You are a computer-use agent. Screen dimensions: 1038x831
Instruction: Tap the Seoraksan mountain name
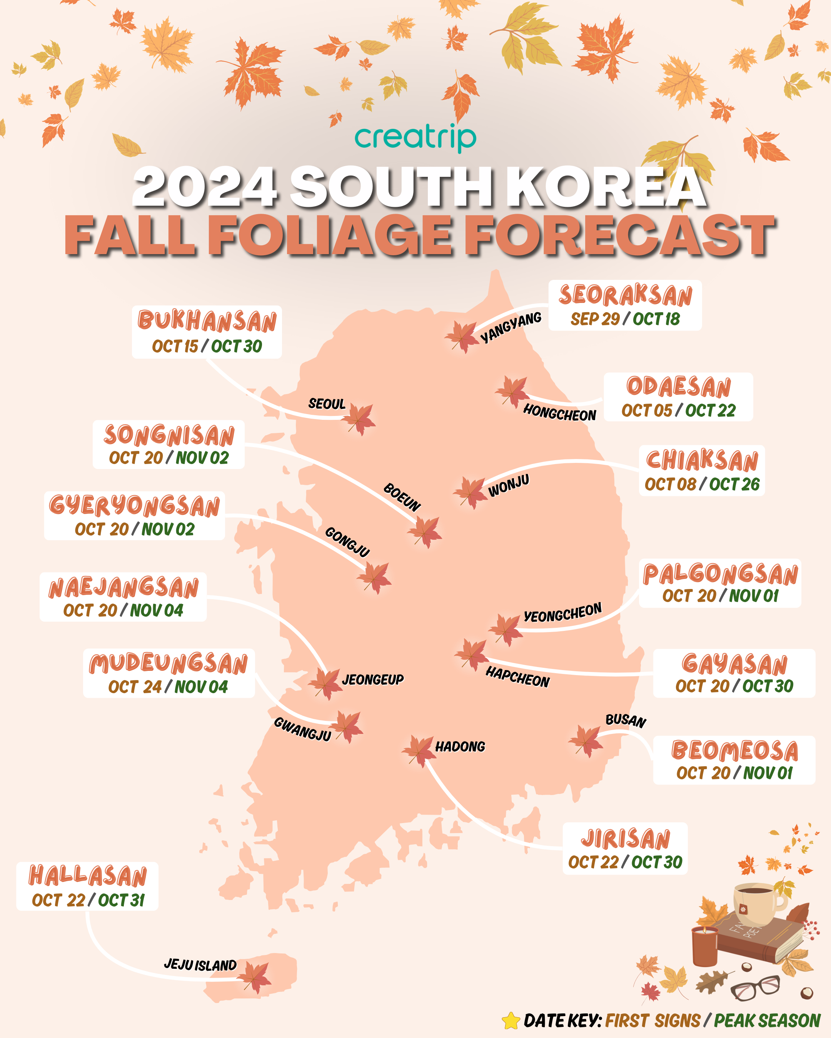[625, 295]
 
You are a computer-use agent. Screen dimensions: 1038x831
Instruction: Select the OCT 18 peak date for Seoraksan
[656, 319]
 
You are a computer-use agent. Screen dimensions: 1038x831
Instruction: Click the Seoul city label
[327, 403]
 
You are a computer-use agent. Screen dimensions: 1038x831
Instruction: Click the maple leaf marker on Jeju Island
[255, 977]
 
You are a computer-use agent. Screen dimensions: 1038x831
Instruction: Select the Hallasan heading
[88, 876]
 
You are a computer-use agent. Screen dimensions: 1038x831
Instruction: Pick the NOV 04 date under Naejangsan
[157, 610]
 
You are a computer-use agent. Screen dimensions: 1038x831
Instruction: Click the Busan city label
[625, 720]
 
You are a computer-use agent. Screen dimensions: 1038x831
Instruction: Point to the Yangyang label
[511, 328]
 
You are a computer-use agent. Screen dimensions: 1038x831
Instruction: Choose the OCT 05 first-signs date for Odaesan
[646, 411]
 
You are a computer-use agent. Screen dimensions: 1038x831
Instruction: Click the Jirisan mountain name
[625, 839]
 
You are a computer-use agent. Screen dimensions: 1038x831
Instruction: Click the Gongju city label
[347, 542]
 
